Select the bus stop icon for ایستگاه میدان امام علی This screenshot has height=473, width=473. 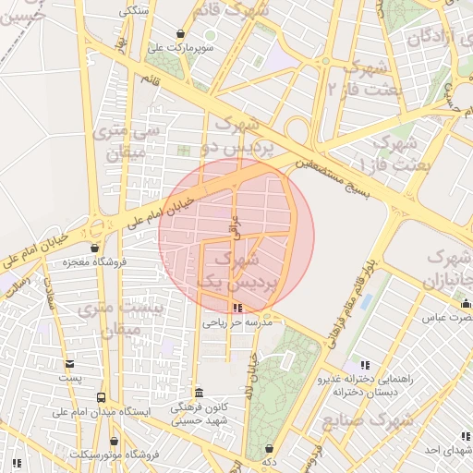point(100,398)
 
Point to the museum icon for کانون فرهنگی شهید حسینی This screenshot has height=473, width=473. point(199,392)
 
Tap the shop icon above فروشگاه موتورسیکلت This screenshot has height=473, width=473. point(114,443)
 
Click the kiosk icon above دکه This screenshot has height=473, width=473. point(269,448)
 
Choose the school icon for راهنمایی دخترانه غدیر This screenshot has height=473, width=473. point(365,366)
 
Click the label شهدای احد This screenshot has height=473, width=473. point(443,450)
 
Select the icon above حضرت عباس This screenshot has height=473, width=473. point(465,304)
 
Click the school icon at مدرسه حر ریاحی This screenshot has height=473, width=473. point(238,309)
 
